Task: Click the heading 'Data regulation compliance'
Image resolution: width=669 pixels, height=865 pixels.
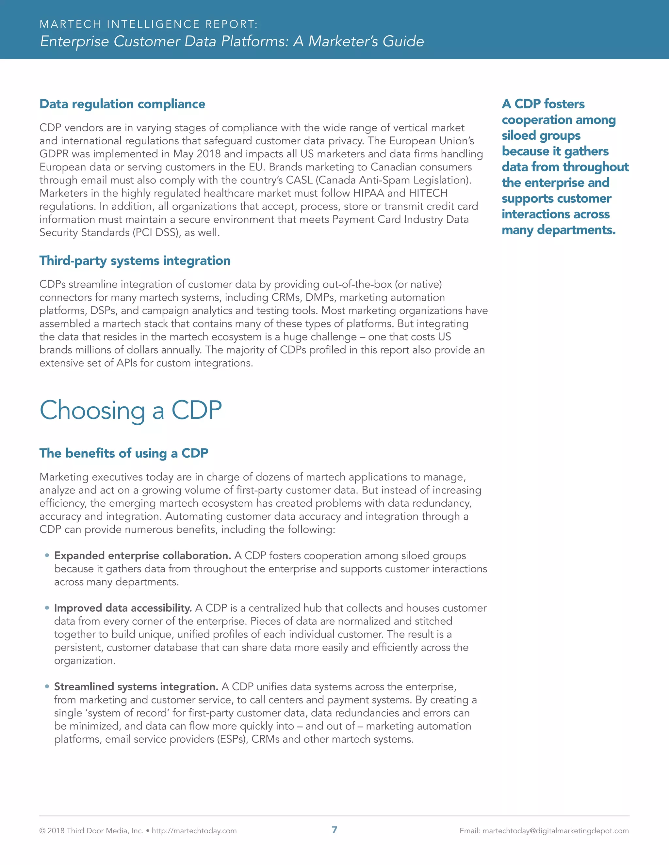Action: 122,104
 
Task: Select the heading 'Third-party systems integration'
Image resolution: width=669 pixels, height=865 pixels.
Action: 135,260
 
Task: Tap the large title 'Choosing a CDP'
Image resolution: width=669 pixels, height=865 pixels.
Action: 131,410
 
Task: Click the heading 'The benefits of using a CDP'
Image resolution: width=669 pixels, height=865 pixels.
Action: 124,453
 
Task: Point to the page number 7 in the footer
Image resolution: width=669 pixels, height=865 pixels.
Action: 334,830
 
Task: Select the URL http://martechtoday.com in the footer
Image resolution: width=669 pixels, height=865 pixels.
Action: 194,831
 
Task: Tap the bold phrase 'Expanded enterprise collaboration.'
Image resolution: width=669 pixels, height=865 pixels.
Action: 143,556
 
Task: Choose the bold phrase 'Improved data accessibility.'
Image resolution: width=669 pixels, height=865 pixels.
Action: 123,608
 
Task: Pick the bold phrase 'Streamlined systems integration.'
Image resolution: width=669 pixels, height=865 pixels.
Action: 136,686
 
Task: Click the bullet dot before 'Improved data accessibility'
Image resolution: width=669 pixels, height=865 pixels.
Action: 47,608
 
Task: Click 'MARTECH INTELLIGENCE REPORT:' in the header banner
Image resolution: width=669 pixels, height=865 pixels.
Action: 149,24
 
